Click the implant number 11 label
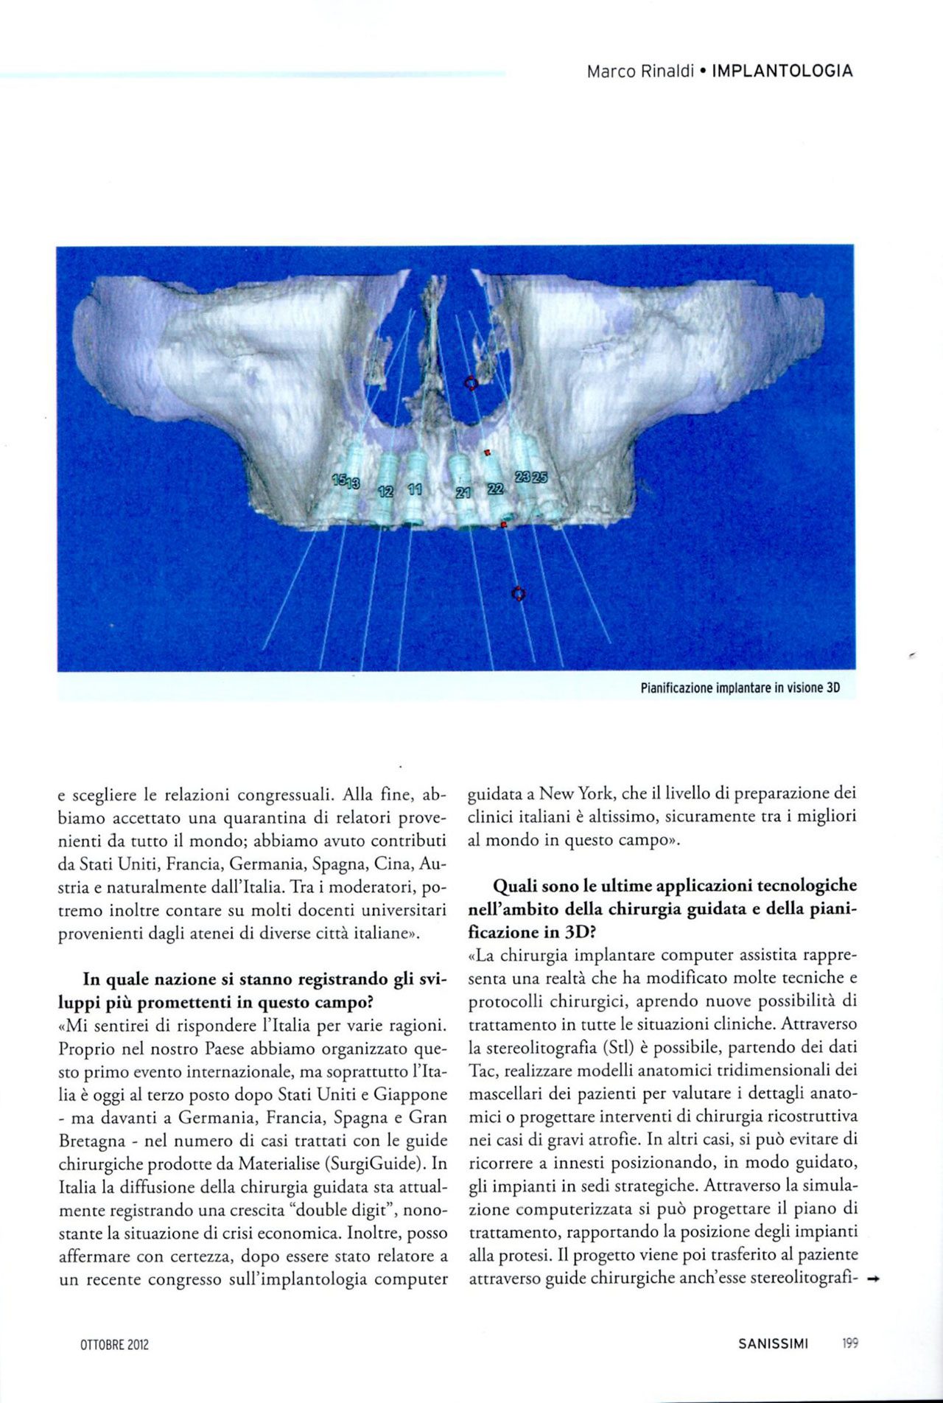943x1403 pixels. pos(415,489)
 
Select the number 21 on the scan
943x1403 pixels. pos(463,493)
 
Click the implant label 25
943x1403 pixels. pos(540,477)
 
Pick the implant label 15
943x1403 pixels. pos(339,480)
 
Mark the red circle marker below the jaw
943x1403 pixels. pos(519,593)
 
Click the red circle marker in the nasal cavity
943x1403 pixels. pos(470,382)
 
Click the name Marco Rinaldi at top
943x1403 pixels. pos(640,71)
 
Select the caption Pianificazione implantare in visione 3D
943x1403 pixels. pos(740,688)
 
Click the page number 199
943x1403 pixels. pos(849,1343)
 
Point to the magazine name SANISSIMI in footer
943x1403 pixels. pos(774,1343)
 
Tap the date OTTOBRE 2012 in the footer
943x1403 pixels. pos(114,1344)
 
